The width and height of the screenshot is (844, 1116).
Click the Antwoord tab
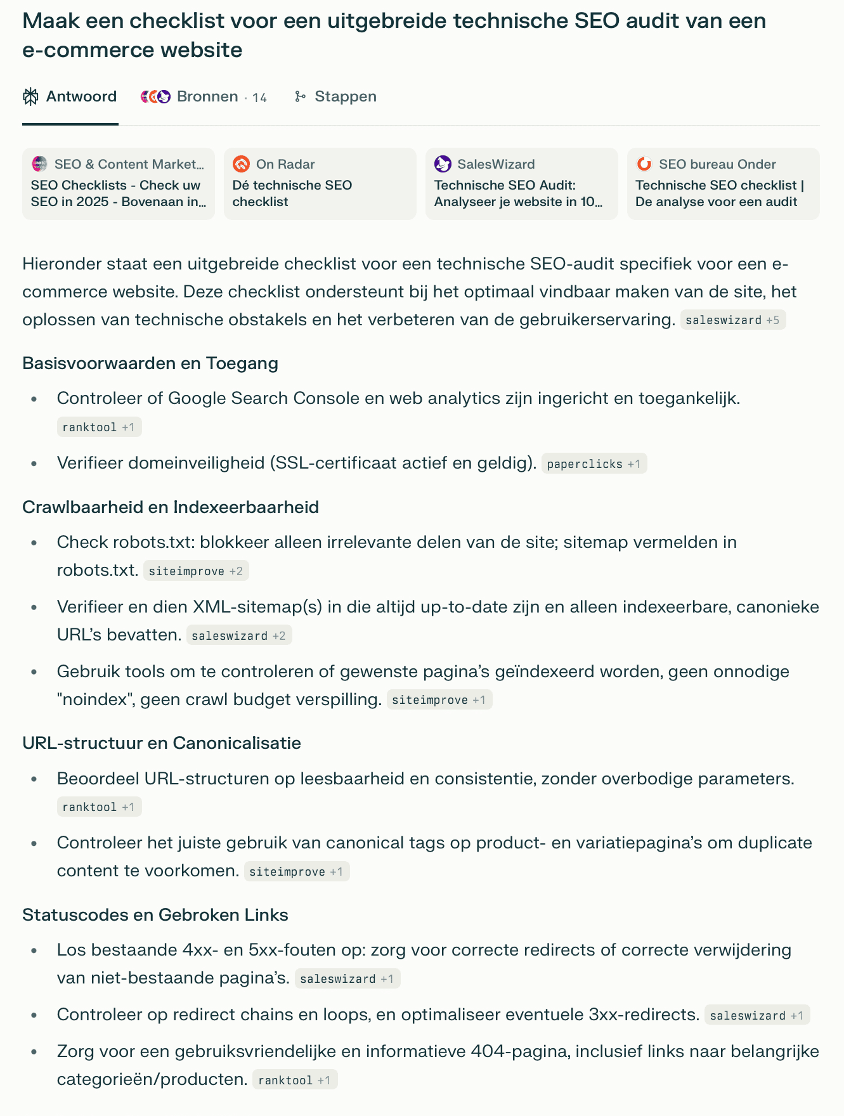(x=70, y=96)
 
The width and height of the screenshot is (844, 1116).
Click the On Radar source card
(x=320, y=184)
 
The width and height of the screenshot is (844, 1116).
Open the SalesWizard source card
(x=521, y=184)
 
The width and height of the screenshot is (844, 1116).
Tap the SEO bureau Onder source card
(x=723, y=184)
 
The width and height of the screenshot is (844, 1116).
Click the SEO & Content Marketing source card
(x=119, y=184)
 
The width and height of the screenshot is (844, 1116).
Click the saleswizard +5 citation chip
(x=732, y=320)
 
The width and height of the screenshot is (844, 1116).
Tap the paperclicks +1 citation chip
(x=594, y=464)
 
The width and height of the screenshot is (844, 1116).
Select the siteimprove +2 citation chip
(x=195, y=571)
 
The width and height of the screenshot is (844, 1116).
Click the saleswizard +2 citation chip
(x=238, y=636)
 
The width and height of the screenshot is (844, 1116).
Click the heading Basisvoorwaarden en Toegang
(x=150, y=363)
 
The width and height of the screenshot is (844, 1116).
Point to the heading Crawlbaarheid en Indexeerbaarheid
(x=171, y=507)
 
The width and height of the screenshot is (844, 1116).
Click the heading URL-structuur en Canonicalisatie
(x=162, y=743)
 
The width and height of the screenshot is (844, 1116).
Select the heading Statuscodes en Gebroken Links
(x=155, y=915)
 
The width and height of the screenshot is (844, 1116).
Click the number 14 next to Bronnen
(x=259, y=98)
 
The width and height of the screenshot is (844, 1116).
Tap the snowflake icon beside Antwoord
(x=30, y=96)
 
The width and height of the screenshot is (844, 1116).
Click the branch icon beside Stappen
(x=300, y=96)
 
